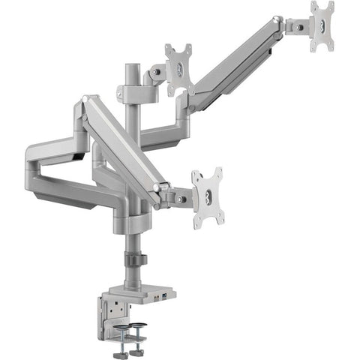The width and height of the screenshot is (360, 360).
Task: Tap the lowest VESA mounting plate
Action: click(208, 198)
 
